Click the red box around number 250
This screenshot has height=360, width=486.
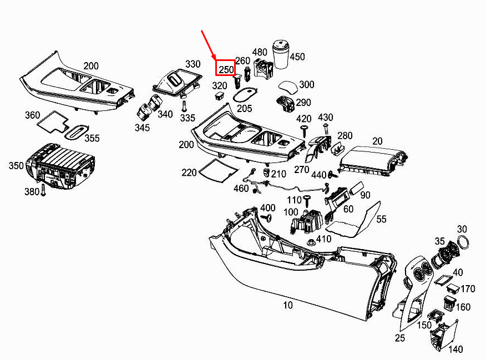(x=226, y=69)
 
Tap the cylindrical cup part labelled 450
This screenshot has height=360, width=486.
(x=282, y=54)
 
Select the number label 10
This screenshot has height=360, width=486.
(x=288, y=305)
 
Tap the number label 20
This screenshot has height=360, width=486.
(x=377, y=141)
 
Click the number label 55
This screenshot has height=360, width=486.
(x=382, y=220)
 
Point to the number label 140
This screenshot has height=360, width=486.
(x=455, y=349)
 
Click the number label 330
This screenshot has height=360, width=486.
(x=193, y=64)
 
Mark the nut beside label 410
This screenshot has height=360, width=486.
(x=310, y=241)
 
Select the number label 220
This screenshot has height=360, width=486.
(x=189, y=173)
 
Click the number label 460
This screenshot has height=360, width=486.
(x=241, y=188)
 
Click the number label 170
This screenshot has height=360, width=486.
(x=468, y=289)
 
